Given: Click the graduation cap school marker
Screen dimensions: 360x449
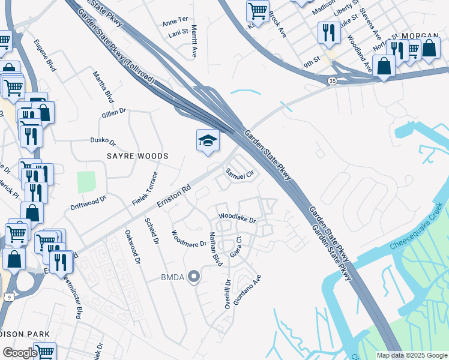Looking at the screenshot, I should pyautogui.click(x=208, y=140).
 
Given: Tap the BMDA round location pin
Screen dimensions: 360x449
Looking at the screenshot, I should pyautogui.click(x=193, y=276).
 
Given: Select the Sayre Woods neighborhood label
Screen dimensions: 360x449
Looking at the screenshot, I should pyautogui.click(x=137, y=155).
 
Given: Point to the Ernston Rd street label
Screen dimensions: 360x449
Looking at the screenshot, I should pyautogui.click(x=173, y=196).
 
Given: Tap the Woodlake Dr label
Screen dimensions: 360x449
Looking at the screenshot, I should pyautogui.click(x=237, y=217).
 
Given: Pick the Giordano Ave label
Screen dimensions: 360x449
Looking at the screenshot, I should pyautogui.click(x=247, y=290).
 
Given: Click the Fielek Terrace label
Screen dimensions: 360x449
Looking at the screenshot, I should pyautogui.click(x=146, y=188).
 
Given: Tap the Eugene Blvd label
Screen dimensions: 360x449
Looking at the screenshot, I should pyautogui.click(x=45, y=55).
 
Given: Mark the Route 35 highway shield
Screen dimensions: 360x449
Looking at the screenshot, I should pyautogui.click(x=332, y=80).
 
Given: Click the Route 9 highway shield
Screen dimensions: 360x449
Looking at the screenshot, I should pyautogui.click(x=8, y=296).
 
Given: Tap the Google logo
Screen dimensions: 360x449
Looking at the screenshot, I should pyautogui.click(x=20, y=353).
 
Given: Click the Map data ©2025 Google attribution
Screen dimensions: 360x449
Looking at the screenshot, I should pyautogui.click(x=411, y=355).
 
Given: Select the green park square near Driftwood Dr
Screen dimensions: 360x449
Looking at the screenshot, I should pyautogui.click(x=86, y=181).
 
